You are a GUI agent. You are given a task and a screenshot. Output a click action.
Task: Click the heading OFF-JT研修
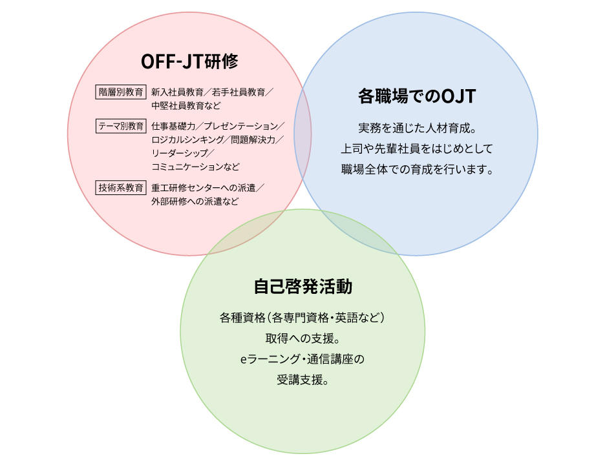coord(189,61)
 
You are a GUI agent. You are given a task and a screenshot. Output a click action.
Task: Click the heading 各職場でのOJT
coord(417,96)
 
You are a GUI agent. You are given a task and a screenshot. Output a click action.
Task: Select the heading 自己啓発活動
coord(303,287)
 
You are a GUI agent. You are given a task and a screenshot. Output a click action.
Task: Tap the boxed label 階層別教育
coord(121,92)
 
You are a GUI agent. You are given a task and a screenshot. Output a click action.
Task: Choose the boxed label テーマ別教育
coord(121,126)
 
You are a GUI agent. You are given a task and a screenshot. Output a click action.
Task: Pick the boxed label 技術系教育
coord(121,188)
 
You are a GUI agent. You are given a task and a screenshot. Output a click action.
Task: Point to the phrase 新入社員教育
coord(177,92)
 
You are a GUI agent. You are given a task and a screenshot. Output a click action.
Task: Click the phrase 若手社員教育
coord(239,92)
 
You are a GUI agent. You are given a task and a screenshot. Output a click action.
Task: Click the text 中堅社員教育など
coord(186,106)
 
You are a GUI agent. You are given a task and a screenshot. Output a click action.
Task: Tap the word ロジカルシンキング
coord(187,139)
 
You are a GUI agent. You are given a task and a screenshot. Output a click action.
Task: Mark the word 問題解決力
coord(253,139)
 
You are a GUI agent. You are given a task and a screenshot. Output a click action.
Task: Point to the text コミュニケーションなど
coord(195,167)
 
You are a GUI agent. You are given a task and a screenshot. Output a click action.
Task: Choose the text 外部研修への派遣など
coord(195,201)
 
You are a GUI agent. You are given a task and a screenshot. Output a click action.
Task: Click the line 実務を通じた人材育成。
coord(417,128)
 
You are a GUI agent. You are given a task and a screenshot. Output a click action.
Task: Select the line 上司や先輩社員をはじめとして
coord(417,149)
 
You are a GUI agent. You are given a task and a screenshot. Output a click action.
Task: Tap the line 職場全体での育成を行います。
coord(417,169)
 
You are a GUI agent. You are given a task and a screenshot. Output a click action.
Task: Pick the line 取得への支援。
coord(303,338)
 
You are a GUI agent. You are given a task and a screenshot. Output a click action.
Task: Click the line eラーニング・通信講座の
coord(302,359)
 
